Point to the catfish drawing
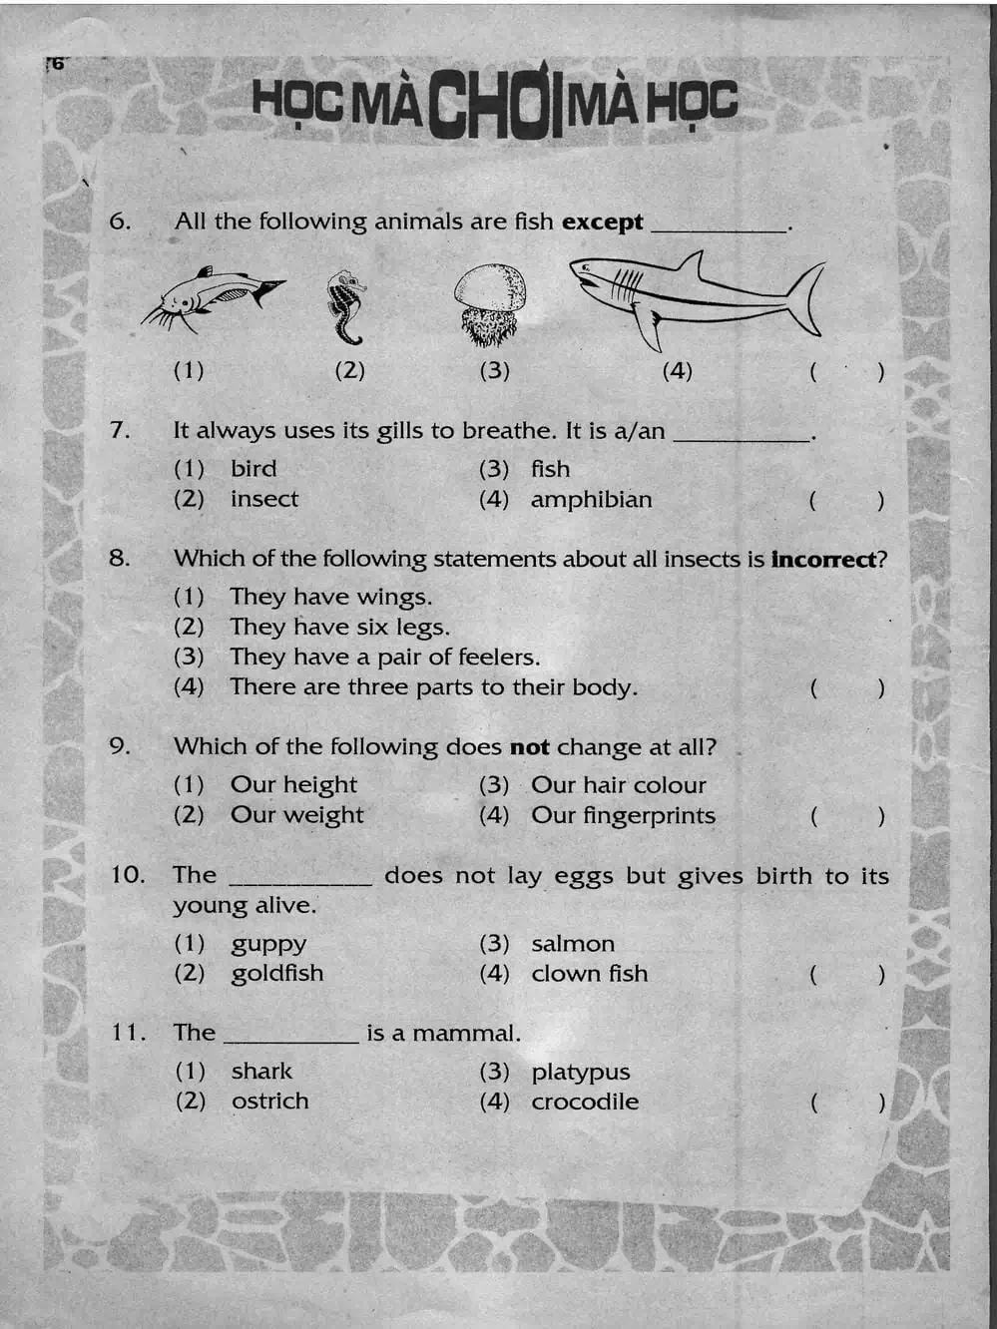(213, 295)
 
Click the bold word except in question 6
(602, 221)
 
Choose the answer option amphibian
(591, 500)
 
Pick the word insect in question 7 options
(264, 499)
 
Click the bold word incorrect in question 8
(823, 559)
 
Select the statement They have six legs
(339, 628)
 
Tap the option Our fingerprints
(623, 816)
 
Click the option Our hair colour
(618, 785)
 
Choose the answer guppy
(268, 945)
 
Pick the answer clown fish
(589, 974)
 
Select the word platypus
(580, 1073)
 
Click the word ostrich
(269, 1102)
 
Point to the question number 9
(120, 746)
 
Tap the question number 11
(127, 1033)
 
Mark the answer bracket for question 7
(846, 500)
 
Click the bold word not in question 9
(529, 747)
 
